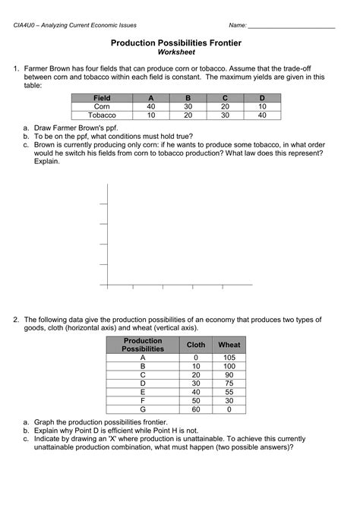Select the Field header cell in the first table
[x=101, y=98]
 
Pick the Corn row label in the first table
[x=101, y=107]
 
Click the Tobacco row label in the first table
[x=101, y=115]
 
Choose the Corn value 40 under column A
[x=151, y=107]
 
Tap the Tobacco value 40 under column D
[x=262, y=115]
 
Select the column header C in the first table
[x=225, y=98]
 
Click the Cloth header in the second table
[x=196, y=345]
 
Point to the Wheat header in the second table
[x=229, y=345]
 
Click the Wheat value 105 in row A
[x=229, y=358]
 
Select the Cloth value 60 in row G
[x=196, y=409]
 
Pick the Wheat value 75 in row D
[x=229, y=383]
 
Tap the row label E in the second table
[x=143, y=392]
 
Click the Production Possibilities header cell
[x=143, y=345]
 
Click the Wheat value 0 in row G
[x=229, y=409]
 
